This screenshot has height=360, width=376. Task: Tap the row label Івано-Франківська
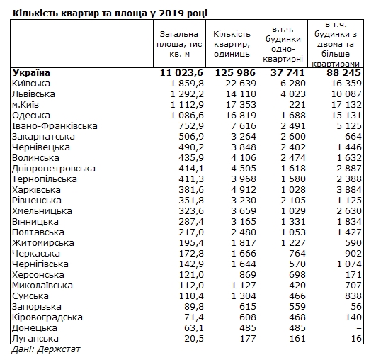(55, 125)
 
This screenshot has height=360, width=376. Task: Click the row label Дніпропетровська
(54, 168)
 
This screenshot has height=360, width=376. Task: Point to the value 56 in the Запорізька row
(355, 307)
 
